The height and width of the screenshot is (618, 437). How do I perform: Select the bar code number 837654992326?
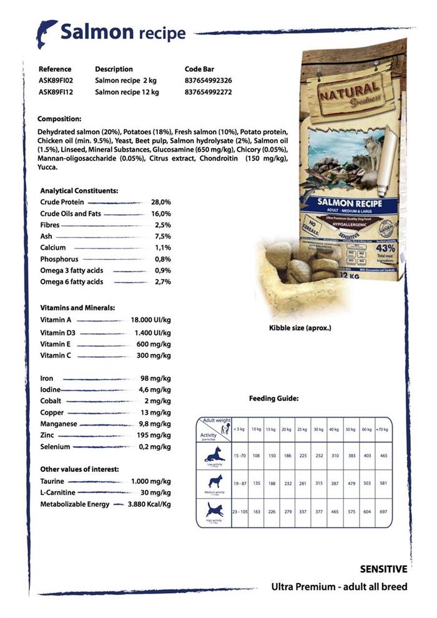click(x=209, y=81)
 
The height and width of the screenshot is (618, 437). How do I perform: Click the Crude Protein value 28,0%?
click(x=160, y=202)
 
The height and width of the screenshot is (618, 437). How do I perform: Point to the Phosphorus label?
click(x=59, y=259)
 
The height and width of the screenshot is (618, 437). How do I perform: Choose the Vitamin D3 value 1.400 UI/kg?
click(x=152, y=333)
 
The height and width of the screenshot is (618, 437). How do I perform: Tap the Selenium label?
click(x=55, y=447)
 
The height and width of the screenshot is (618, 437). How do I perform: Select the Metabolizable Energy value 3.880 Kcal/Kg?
click(x=149, y=504)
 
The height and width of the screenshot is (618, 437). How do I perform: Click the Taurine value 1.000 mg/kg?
click(x=150, y=482)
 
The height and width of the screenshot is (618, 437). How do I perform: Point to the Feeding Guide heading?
click(x=273, y=398)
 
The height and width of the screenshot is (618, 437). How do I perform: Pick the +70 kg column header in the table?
click(x=382, y=429)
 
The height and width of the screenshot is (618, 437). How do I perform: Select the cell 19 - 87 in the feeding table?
click(x=240, y=484)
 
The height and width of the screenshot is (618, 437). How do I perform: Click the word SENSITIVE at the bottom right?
click(x=383, y=569)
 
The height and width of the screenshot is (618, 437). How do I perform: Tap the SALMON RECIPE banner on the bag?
click(x=344, y=204)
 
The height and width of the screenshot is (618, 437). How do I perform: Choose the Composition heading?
click(x=59, y=119)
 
